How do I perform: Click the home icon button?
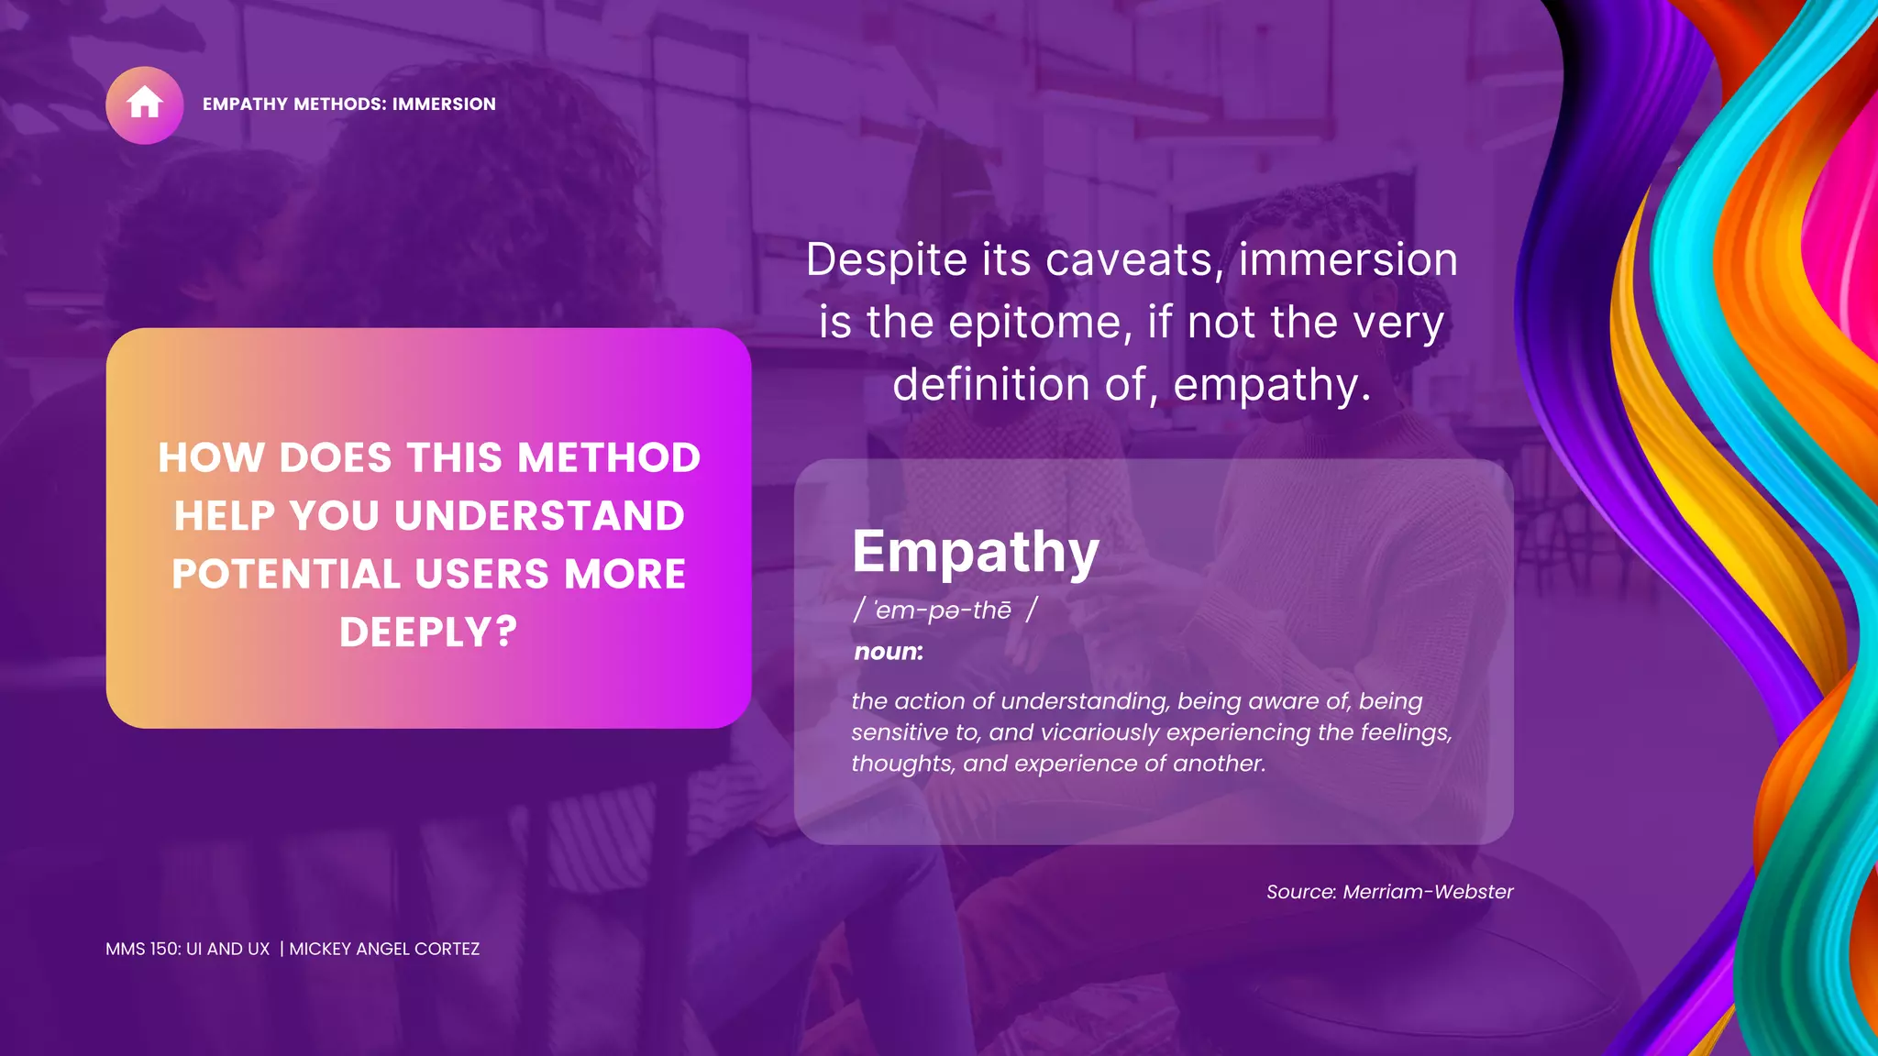coord(145,104)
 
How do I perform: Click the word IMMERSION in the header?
coord(444,104)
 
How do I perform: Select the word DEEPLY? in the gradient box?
coord(428,632)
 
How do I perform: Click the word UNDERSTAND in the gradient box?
coord(539,516)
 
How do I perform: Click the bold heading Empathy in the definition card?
coord(976,552)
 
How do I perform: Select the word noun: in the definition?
coord(889,652)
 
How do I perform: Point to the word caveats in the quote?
coord(1134,260)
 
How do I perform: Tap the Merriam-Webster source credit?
coord(1427,892)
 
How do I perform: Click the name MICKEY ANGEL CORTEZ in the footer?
coord(384,950)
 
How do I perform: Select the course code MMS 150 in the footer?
coord(142,950)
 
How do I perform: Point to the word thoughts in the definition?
coord(902,764)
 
